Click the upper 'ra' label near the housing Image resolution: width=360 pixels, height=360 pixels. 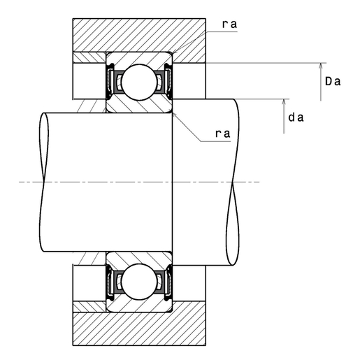point(229,24)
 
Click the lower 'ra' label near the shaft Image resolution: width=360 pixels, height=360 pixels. point(223,134)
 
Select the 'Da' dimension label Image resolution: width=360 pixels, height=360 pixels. point(333,82)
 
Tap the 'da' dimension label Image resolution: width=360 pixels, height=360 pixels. point(296,117)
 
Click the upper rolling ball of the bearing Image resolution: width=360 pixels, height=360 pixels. point(139,82)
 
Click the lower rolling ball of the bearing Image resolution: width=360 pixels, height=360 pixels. point(139,282)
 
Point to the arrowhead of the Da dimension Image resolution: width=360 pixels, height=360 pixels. point(321,66)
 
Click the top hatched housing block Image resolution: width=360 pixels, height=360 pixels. point(139,35)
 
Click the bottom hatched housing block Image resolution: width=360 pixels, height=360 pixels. point(139,329)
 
